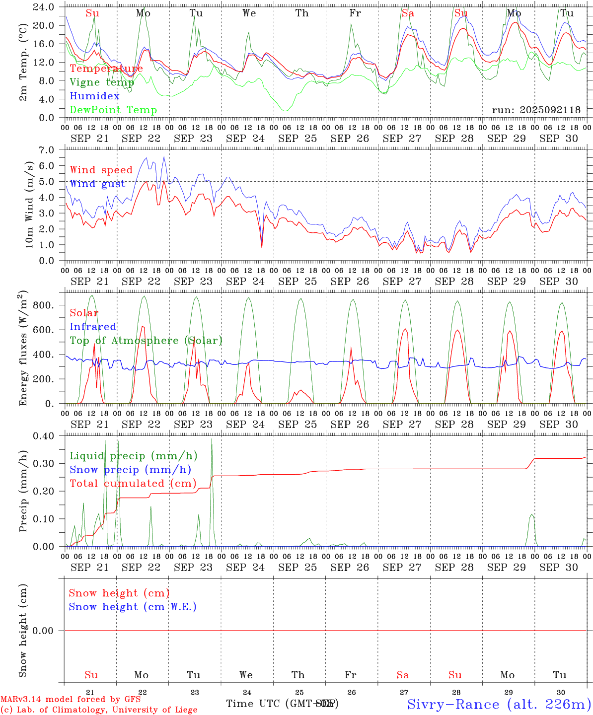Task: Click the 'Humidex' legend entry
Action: coord(95,96)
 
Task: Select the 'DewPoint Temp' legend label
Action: coord(113,110)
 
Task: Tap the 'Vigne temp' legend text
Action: coord(102,82)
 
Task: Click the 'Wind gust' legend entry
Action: coord(98,184)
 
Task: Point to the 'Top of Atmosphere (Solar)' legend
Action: coord(146,341)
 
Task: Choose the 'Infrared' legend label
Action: coord(93,327)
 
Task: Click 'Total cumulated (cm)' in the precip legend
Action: coord(133,484)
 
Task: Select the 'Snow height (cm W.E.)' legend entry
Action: coord(133,607)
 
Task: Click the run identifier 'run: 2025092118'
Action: coord(536,110)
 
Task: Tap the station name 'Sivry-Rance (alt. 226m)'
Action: coord(499,704)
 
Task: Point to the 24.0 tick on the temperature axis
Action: coord(45,7)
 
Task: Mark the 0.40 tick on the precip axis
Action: coord(45,436)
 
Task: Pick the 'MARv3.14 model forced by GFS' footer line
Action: coord(71,700)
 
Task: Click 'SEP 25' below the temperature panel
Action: coord(297,139)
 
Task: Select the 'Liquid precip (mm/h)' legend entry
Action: coord(134,456)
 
